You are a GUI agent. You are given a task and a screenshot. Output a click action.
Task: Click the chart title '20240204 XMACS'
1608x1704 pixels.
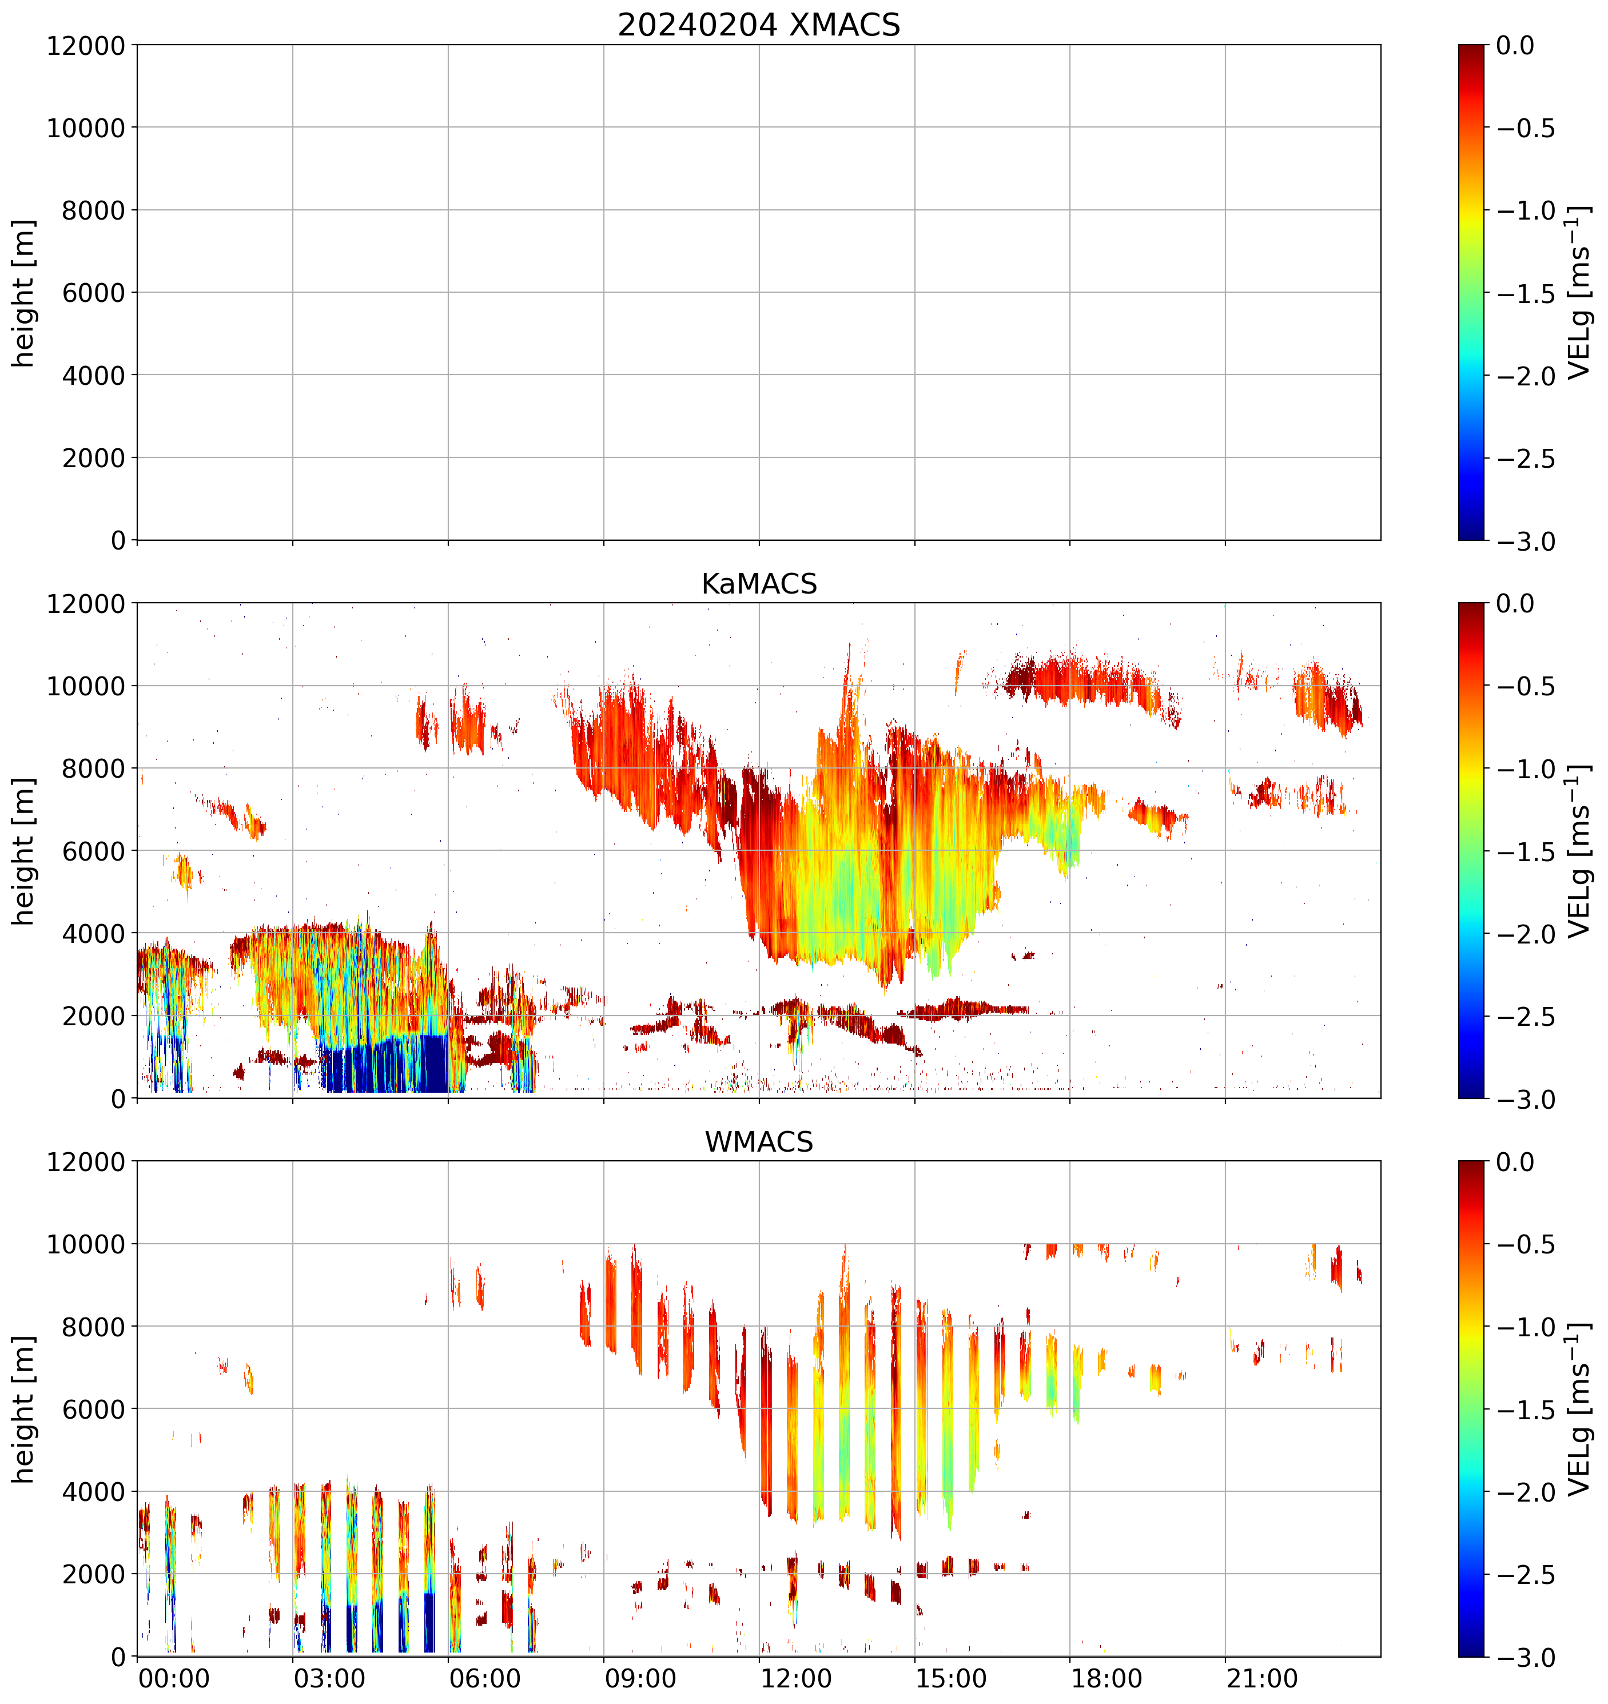click(759, 25)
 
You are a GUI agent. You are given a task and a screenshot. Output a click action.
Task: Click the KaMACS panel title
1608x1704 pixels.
click(759, 584)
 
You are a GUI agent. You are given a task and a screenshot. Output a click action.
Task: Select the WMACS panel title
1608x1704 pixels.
click(759, 1142)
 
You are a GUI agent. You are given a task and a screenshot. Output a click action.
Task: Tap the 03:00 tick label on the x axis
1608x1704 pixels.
click(329, 1678)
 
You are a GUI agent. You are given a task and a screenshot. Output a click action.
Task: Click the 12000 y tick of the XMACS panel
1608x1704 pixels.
click(86, 45)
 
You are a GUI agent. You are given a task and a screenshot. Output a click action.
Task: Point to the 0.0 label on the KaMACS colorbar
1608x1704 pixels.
click(1515, 603)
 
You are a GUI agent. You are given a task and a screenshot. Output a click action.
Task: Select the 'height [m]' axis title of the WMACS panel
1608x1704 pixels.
click(24, 1409)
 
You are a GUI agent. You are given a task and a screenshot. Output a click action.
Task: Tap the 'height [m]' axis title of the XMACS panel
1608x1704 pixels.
click(24, 292)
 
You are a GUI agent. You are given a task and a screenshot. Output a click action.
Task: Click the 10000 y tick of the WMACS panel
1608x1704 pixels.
click(86, 1244)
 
